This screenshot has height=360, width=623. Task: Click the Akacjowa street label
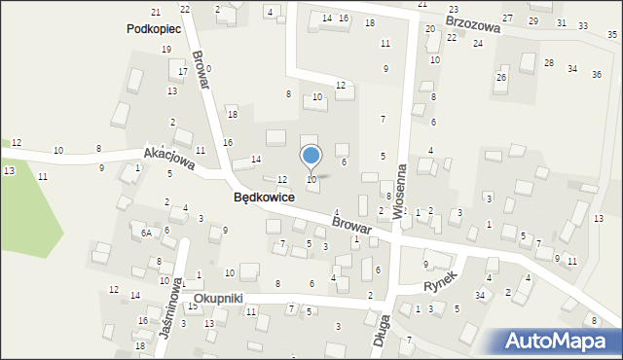[x=169, y=159]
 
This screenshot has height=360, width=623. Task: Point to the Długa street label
[x=383, y=331]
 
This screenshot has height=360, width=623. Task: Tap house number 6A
[x=145, y=234]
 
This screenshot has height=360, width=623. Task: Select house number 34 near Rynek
[x=480, y=295]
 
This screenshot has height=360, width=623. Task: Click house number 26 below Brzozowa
[x=501, y=77]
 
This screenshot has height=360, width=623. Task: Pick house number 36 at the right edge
[x=596, y=74]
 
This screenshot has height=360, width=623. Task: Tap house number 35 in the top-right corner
[x=611, y=35]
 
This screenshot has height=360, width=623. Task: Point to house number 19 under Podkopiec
[x=166, y=49]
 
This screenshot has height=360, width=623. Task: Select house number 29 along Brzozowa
[x=532, y=20]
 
